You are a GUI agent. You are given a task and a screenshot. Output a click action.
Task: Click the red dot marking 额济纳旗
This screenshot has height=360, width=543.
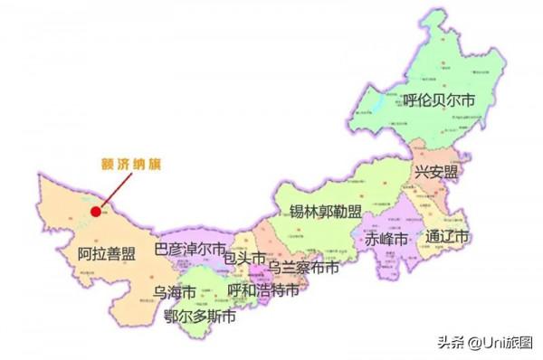(x=95, y=213)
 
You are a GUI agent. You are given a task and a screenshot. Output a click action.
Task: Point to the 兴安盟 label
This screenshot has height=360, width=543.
(x=437, y=171)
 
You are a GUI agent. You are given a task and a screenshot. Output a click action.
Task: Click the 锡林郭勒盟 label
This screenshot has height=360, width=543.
(x=325, y=213)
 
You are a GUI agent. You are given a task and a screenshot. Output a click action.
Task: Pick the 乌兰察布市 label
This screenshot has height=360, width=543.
(x=303, y=269)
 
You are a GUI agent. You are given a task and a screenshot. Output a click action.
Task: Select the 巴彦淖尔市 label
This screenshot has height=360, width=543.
(x=190, y=248)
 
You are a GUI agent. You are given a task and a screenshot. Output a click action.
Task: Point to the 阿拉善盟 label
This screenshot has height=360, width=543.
(x=106, y=254)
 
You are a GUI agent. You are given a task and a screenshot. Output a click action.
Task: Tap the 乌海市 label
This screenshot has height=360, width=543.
(x=175, y=291)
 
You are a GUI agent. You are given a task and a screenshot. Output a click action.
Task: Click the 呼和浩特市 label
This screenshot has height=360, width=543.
(x=263, y=290)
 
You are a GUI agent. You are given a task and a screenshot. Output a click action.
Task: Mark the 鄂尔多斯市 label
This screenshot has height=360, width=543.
(x=201, y=316)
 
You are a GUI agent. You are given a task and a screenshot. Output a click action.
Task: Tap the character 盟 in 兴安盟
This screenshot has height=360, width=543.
(x=452, y=171)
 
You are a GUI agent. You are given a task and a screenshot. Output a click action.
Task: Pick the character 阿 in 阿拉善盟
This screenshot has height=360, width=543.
(x=84, y=254)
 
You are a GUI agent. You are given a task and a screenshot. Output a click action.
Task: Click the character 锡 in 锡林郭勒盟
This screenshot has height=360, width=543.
(x=295, y=213)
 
